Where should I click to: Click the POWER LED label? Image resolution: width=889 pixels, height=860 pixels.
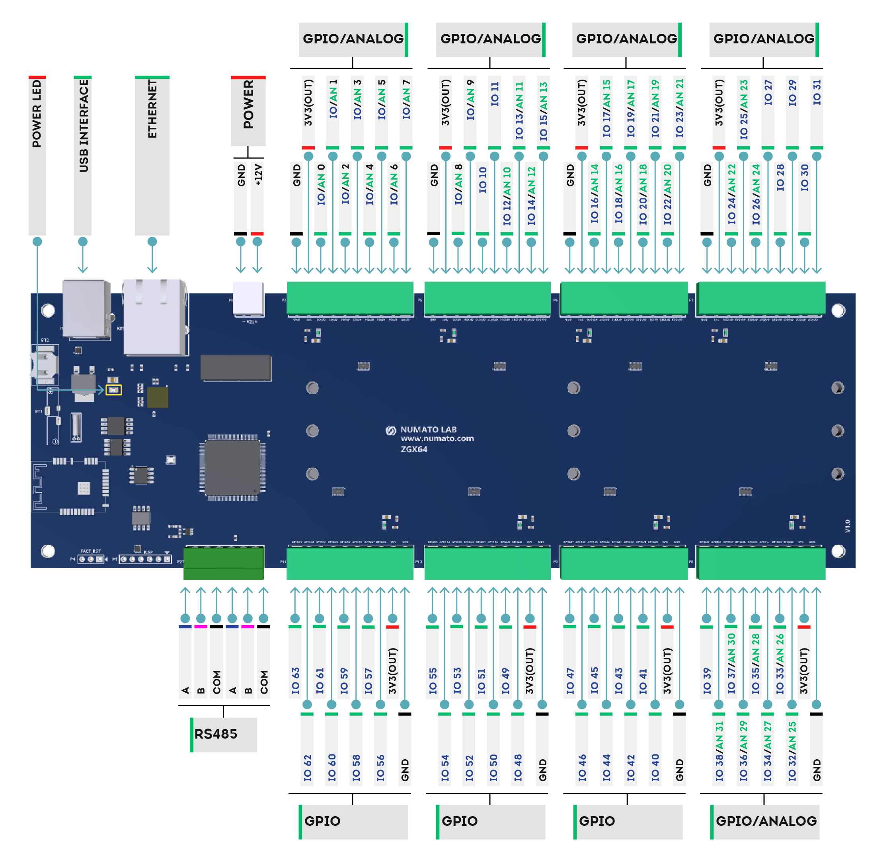[x=37, y=113]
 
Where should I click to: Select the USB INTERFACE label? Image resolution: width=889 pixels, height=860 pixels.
[x=83, y=126]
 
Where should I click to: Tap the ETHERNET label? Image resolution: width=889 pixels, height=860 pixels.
[x=152, y=109]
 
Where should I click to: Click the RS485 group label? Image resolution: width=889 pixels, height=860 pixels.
[x=216, y=734]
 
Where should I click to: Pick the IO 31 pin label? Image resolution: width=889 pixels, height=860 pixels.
[x=817, y=93]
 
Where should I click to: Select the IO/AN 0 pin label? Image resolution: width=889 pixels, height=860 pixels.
[x=321, y=185]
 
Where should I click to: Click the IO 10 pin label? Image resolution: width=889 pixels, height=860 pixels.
[x=483, y=180]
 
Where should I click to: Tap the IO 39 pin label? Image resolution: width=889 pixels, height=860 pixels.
[x=707, y=681]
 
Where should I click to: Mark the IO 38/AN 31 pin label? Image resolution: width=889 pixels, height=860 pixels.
[x=719, y=751]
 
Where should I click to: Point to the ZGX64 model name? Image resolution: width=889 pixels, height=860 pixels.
[x=413, y=449]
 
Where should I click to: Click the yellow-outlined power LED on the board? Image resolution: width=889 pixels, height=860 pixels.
[x=113, y=390]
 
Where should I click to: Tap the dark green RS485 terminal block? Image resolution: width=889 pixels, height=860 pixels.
[x=224, y=563]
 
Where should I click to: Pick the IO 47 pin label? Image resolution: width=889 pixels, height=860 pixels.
[x=570, y=681]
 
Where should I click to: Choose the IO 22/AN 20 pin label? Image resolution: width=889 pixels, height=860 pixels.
[x=667, y=194]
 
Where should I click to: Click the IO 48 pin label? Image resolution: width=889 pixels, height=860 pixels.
[x=518, y=768]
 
